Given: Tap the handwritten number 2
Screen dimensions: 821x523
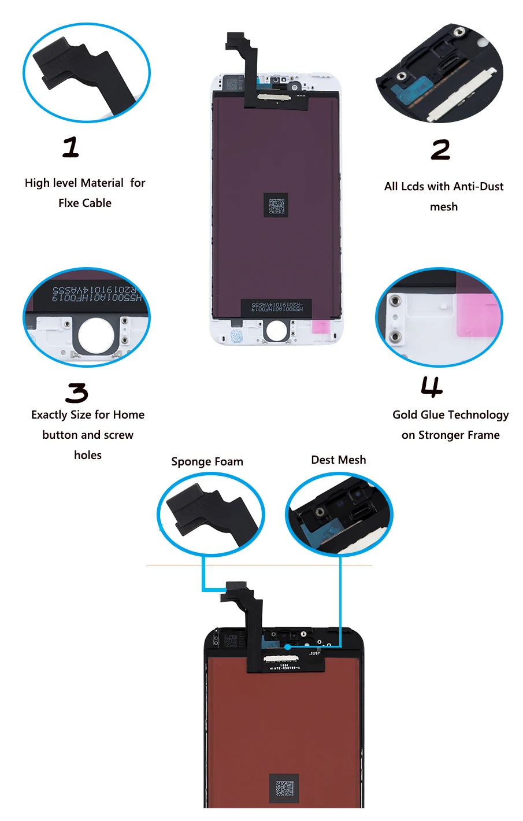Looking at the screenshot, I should (440, 150).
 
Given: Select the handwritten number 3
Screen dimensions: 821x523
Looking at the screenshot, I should (77, 393).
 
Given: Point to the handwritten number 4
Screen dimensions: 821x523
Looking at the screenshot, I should (432, 387).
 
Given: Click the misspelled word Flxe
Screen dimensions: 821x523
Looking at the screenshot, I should (69, 203).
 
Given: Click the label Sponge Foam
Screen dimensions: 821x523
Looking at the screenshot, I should (207, 461).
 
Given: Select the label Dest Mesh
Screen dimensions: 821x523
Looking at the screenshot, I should (338, 460).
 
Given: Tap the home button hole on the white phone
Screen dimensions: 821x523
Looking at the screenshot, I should (276, 330).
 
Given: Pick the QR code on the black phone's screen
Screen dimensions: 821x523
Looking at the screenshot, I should (284, 788).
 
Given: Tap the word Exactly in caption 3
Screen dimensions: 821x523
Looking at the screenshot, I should (49, 415).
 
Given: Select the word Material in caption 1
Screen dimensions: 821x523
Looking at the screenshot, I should (102, 183).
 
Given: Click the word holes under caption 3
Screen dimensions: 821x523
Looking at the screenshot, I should (88, 455).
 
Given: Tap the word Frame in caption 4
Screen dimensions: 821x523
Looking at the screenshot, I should (484, 435).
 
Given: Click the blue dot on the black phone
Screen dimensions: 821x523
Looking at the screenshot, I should (287, 647).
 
